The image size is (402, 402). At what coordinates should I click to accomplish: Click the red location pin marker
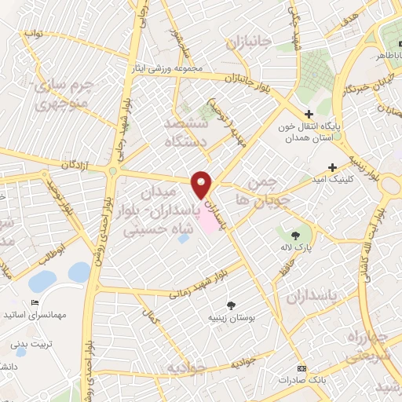pos(203,185)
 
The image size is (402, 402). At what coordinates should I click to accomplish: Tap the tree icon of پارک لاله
pos(296,234)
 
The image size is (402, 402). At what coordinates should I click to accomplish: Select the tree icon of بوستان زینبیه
pos(230,305)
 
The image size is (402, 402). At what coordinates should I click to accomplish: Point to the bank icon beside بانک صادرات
pos(301,368)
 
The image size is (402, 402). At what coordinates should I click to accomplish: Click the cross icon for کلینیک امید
pos(333,166)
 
